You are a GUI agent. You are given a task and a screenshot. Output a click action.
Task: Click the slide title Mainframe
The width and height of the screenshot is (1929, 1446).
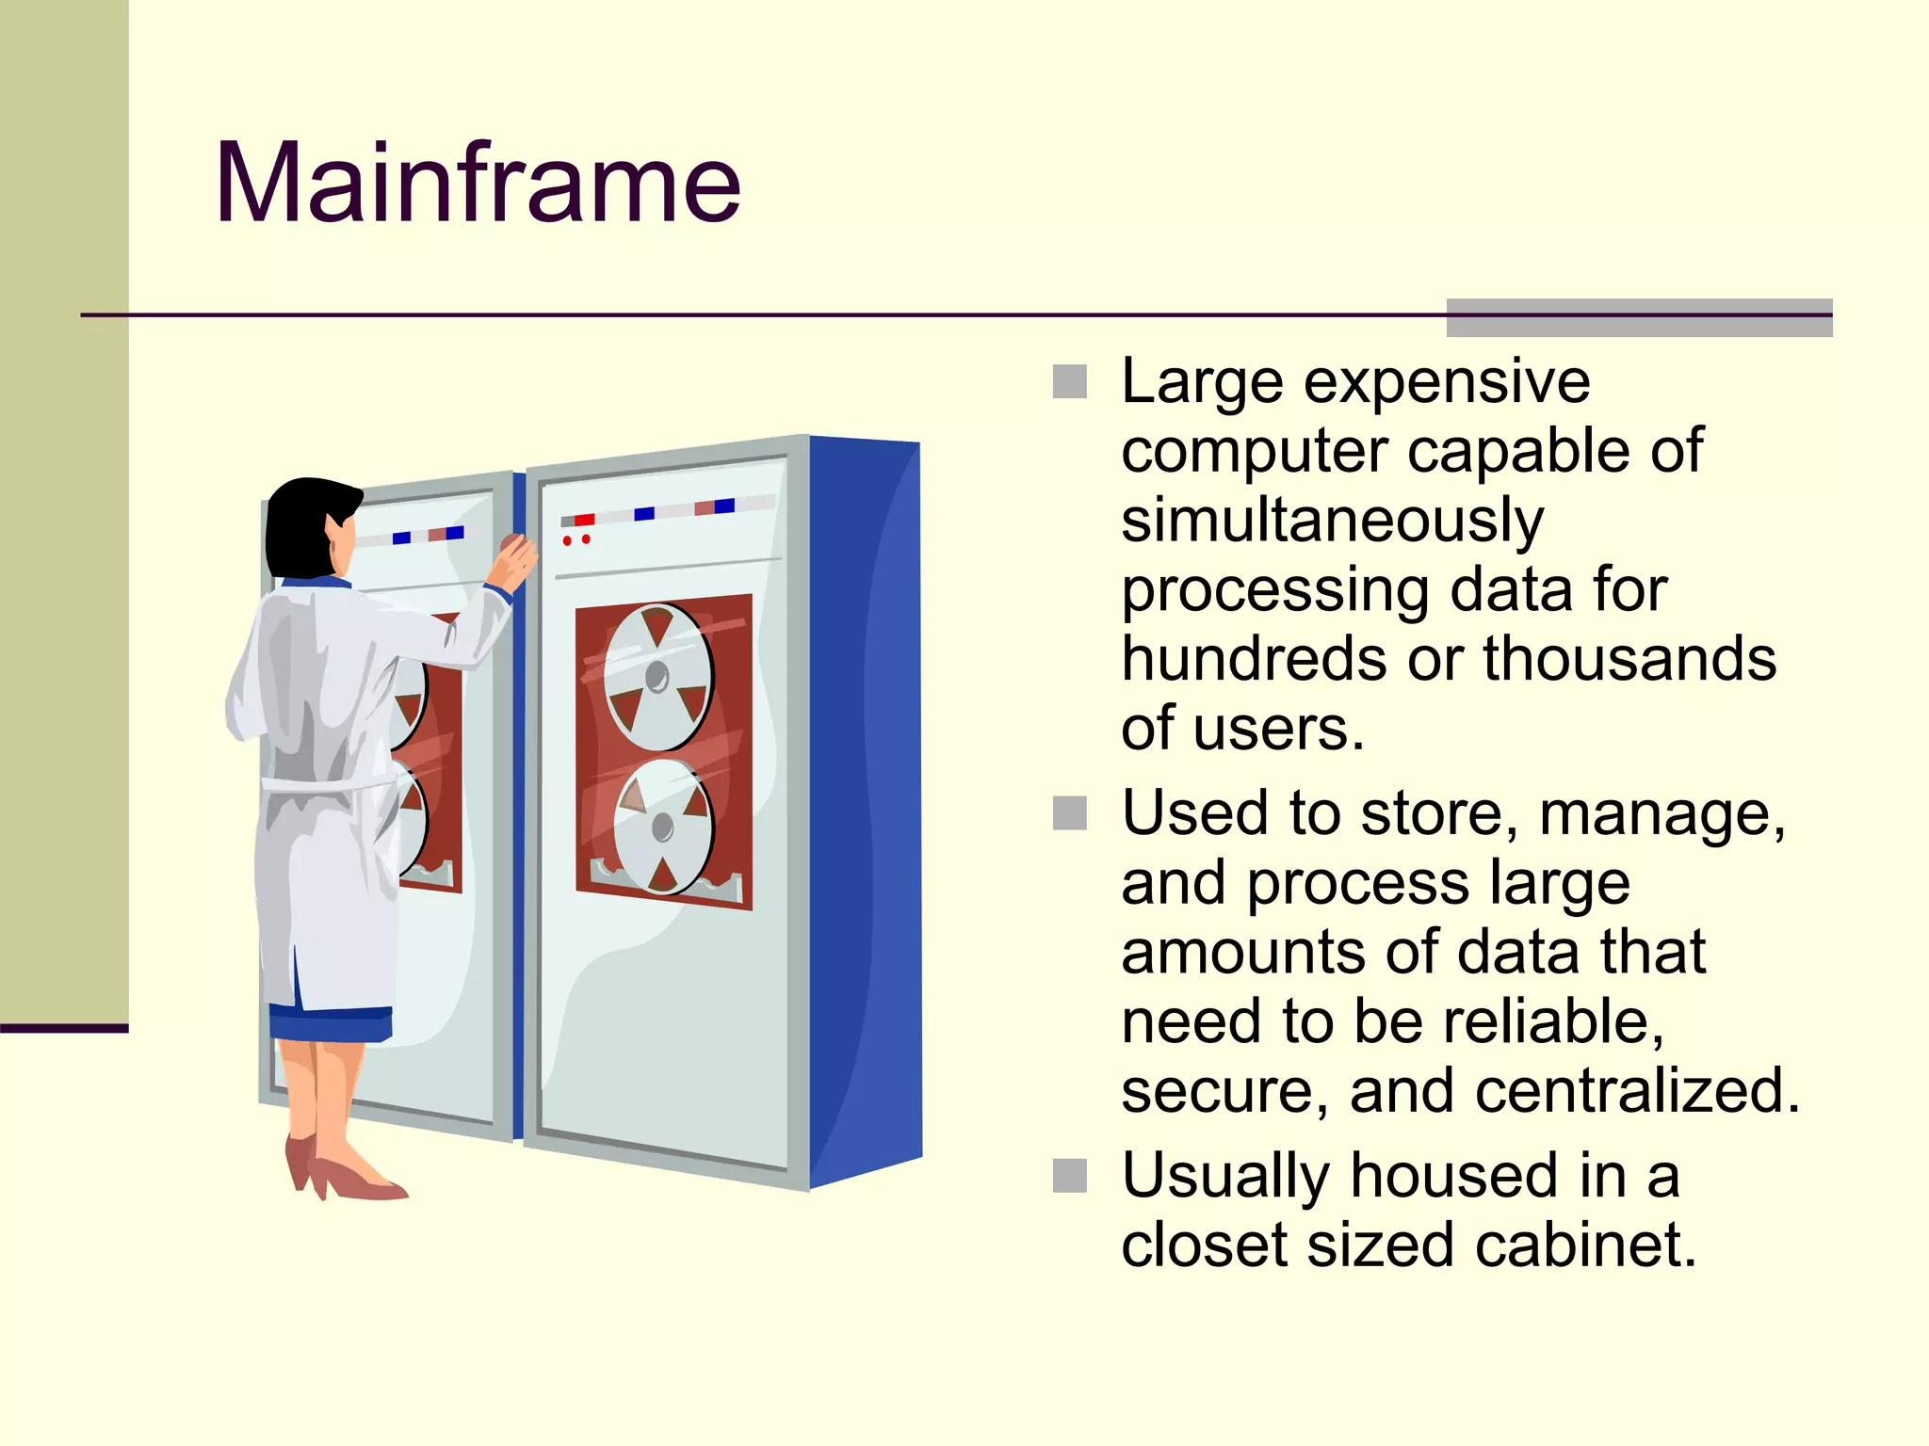click(478, 183)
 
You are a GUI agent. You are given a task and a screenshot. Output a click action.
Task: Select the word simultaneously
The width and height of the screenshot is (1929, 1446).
click(1332, 521)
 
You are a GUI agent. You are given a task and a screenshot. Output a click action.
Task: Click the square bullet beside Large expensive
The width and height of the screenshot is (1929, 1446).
click(1069, 381)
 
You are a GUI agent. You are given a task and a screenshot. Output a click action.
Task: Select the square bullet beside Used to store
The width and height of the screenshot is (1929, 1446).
click(1069, 813)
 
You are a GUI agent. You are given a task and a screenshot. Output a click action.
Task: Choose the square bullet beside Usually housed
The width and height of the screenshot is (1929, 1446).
click(1069, 1176)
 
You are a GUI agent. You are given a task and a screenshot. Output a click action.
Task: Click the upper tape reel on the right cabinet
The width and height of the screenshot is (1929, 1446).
click(657, 676)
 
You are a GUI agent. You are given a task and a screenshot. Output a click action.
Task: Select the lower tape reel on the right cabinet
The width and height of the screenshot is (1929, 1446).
click(663, 827)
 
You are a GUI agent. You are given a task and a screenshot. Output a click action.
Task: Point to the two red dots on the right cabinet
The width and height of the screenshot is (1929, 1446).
click(575, 540)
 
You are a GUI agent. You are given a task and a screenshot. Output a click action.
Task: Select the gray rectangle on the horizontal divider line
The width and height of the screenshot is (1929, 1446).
click(1639, 317)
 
